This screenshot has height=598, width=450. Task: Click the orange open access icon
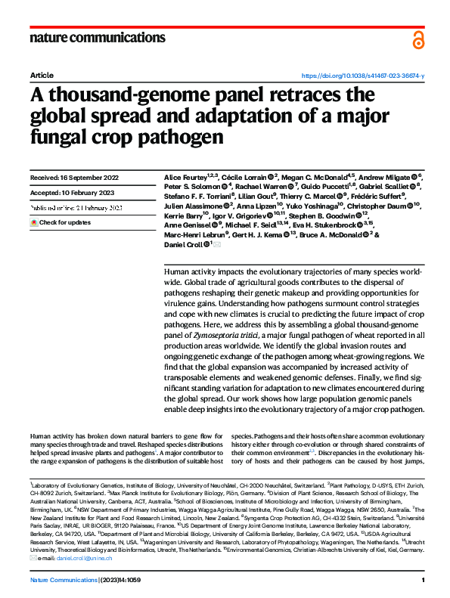click(x=418, y=39)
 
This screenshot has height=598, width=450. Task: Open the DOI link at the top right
click(x=363, y=76)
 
